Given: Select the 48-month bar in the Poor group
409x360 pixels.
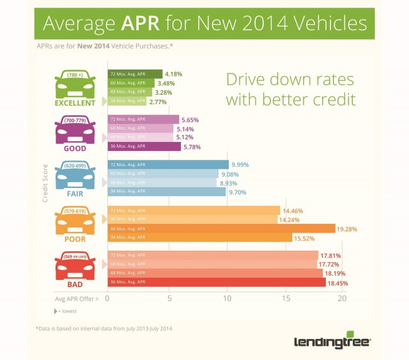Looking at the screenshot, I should tap(221, 228).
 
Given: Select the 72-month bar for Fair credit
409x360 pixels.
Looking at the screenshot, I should tap(167, 164).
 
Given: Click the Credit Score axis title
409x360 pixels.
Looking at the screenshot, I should tap(45, 183).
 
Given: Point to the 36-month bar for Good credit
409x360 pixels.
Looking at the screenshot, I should tap(144, 146).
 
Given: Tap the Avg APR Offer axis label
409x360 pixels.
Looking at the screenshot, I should tap(76, 298).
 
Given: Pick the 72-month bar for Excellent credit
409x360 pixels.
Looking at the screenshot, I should tap(134, 74).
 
